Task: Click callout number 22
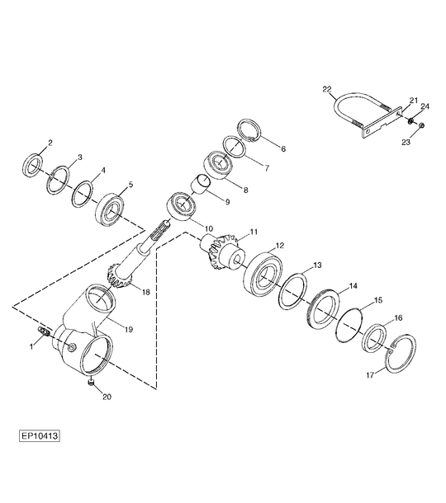coord(326,89)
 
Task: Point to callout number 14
coord(353,285)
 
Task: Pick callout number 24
coord(425,106)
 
